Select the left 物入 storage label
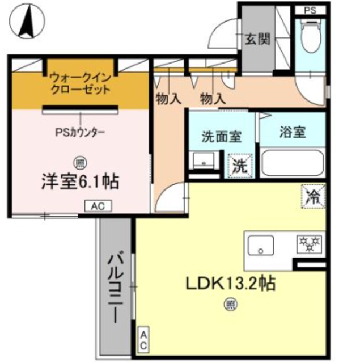pyautogui.click(x=168, y=99)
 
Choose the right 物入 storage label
pyautogui.click(x=213, y=99)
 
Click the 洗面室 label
pyautogui.click(x=222, y=137)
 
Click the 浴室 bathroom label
pyautogui.click(x=293, y=133)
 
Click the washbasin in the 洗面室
pyautogui.click(x=203, y=162)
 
